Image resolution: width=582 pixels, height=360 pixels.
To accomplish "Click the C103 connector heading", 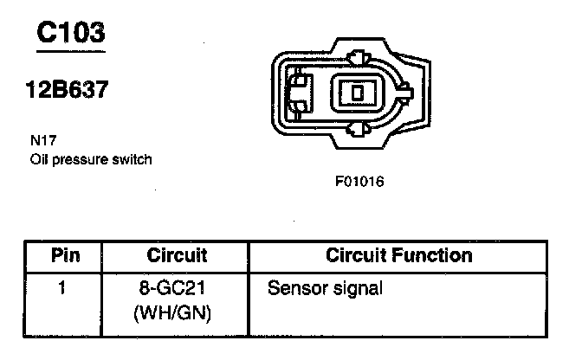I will (x=70, y=33).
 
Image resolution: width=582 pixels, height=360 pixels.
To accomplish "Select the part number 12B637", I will (x=67, y=90).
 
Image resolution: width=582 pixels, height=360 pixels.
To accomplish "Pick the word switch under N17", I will (x=134, y=158).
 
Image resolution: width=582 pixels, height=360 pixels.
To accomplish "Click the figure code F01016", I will (x=359, y=183).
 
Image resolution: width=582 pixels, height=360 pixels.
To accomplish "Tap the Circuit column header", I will (x=177, y=255).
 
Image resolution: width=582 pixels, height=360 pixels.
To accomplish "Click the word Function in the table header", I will (x=435, y=255).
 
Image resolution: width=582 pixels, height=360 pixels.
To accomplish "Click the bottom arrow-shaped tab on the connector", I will (x=356, y=129).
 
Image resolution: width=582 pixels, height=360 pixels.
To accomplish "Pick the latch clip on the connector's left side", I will (x=300, y=93).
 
